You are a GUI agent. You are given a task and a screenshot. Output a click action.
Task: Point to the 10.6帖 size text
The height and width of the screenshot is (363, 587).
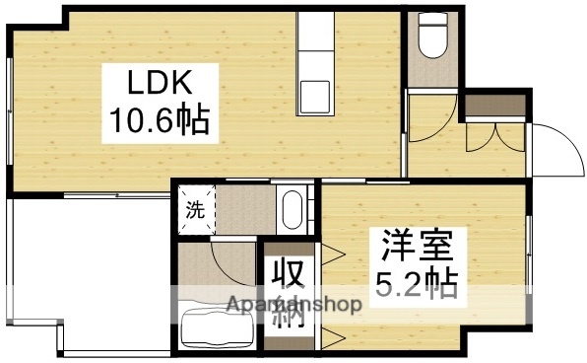[x=157, y=121]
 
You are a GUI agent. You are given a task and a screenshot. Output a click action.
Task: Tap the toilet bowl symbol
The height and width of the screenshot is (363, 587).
[x=428, y=39]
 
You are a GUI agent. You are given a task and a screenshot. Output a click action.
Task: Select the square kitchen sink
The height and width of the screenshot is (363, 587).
[x=316, y=97]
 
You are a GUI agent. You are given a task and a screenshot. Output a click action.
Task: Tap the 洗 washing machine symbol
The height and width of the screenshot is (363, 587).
[x=195, y=210]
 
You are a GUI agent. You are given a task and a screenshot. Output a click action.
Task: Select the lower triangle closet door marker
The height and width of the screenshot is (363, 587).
[x=332, y=339]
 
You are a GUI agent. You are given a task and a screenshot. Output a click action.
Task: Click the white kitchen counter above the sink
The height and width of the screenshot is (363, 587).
[x=316, y=39]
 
